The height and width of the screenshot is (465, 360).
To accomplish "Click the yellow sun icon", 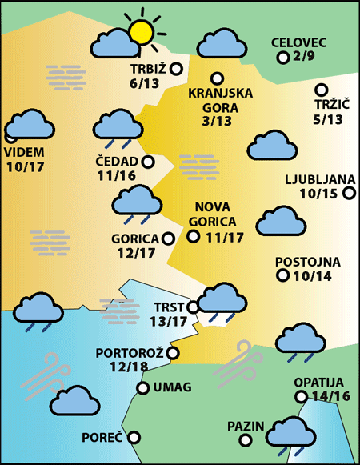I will (142, 32).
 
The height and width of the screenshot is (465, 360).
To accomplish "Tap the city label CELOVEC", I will (299, 42).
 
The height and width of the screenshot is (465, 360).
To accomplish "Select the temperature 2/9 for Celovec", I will (305, 57).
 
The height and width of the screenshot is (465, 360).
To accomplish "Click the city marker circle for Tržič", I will (322, 90).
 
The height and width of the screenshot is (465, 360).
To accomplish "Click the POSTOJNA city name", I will (308, 262).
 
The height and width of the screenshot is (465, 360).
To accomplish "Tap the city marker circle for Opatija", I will (301, 396).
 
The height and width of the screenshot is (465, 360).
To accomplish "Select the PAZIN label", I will (246, 425).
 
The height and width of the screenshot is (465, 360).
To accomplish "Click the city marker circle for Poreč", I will (134, 438).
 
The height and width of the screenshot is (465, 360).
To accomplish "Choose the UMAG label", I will (172, 387).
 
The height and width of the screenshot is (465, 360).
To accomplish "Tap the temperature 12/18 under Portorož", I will (129, 367).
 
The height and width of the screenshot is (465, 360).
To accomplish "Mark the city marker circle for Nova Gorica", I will (193, 235).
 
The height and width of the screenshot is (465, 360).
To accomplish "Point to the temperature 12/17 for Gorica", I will (136, 253).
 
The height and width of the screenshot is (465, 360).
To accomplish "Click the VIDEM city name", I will (25, 152).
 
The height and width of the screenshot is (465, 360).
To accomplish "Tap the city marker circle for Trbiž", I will (176, 69).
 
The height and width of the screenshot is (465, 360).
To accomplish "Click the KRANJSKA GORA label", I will (220, 99).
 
